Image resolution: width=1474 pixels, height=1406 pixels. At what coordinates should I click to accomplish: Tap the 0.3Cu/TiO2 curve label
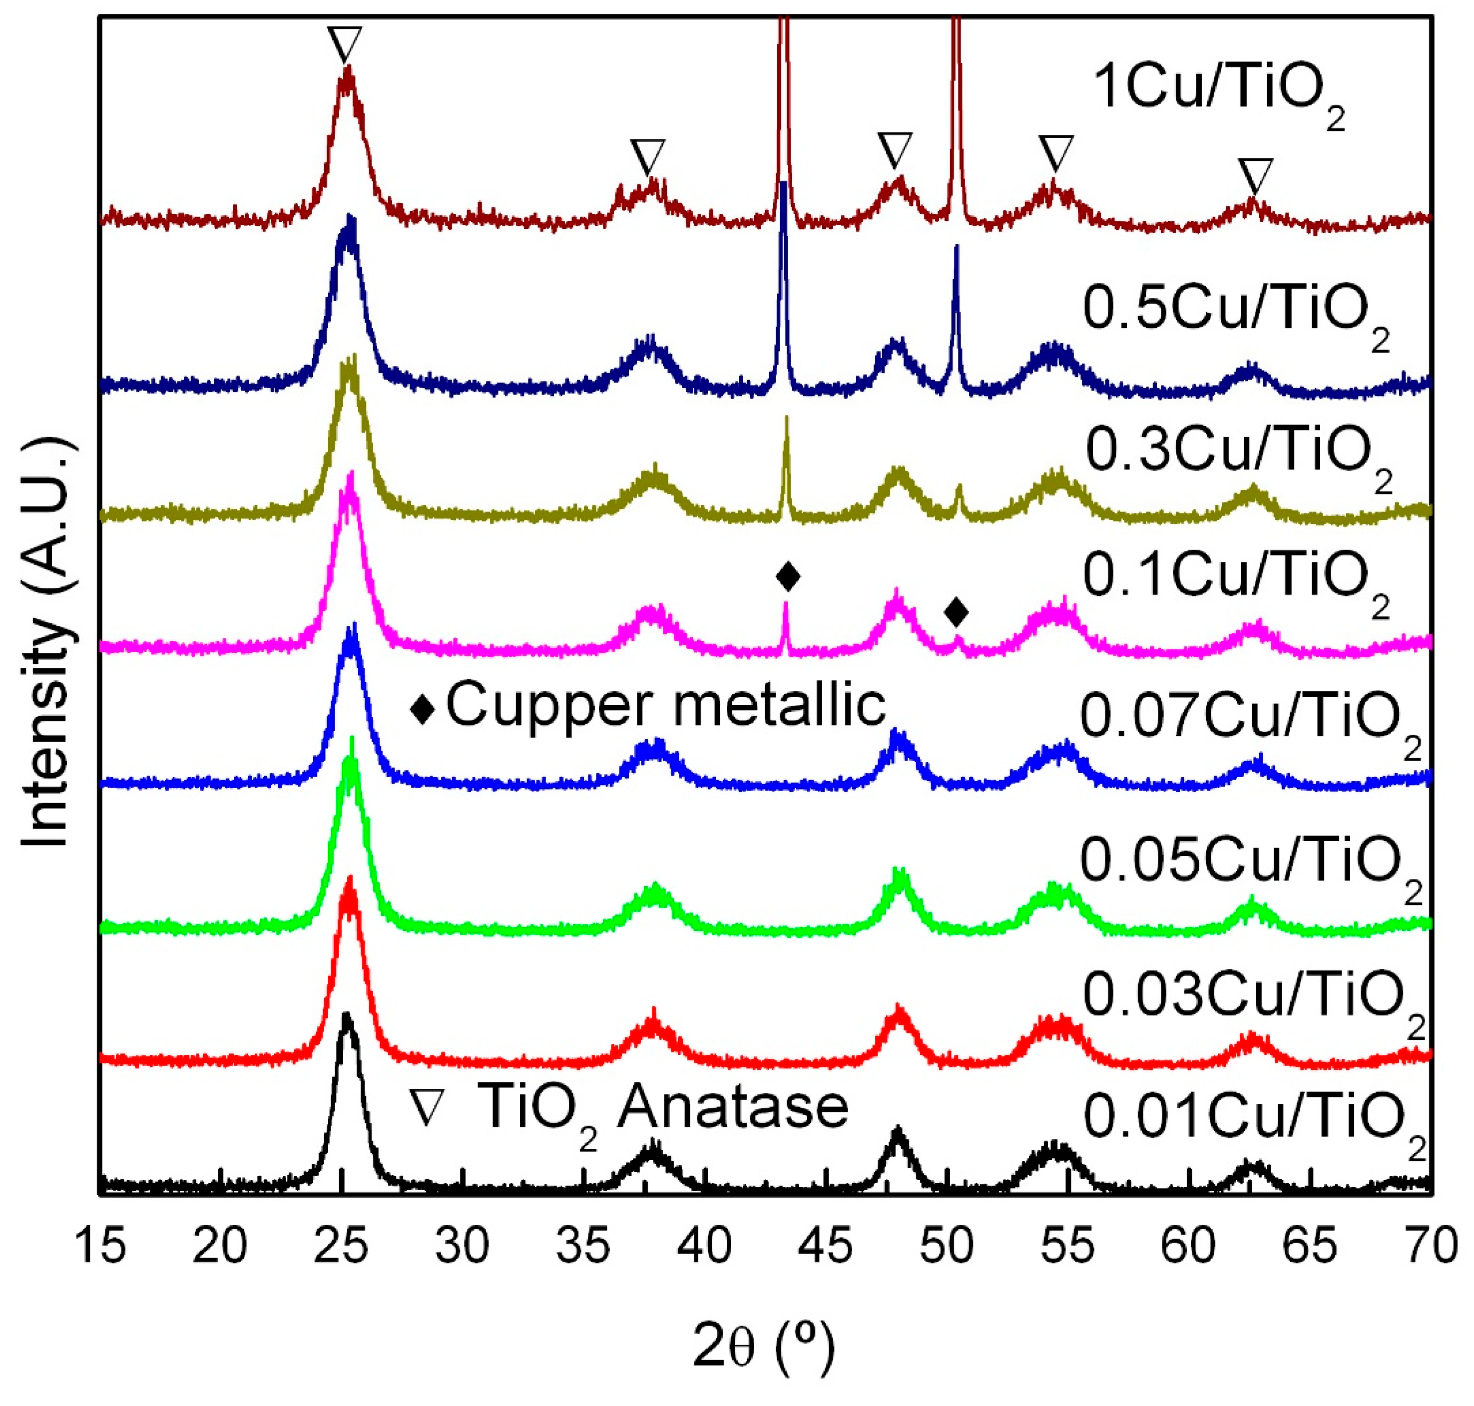coord(1238,452)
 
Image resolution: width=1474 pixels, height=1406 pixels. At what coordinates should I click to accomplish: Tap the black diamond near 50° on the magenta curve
coord(956,612)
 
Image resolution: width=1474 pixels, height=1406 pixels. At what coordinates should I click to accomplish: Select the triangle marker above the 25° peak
coord(345,43)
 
